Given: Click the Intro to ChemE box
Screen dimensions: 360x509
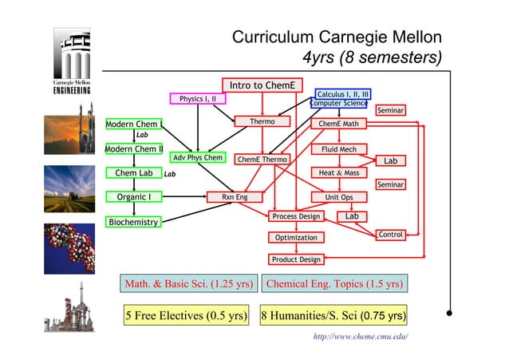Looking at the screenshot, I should (x=262, y=85).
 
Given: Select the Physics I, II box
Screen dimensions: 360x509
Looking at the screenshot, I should (x=197, y=99).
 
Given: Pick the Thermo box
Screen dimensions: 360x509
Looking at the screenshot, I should (x=262, y=122).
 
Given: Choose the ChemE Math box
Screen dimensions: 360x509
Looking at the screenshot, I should (x=338, y=124).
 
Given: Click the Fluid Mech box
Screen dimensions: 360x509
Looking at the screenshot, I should (x=338, y=149).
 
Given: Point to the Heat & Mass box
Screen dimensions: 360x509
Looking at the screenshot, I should (x=338, y=172).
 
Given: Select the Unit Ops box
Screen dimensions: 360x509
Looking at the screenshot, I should (x=338, y=196).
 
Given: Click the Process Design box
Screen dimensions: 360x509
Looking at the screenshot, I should (x=296, y=216).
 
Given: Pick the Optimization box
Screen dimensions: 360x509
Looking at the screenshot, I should (x=296, y=238).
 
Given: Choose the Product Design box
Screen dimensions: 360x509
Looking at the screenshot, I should (x=296, y=259).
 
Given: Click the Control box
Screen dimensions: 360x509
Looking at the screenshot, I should (x=390, y=235).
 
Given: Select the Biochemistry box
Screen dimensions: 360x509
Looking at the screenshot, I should (x=133, y=222).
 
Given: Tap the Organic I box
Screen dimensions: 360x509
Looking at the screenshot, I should (x=133, y=196).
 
